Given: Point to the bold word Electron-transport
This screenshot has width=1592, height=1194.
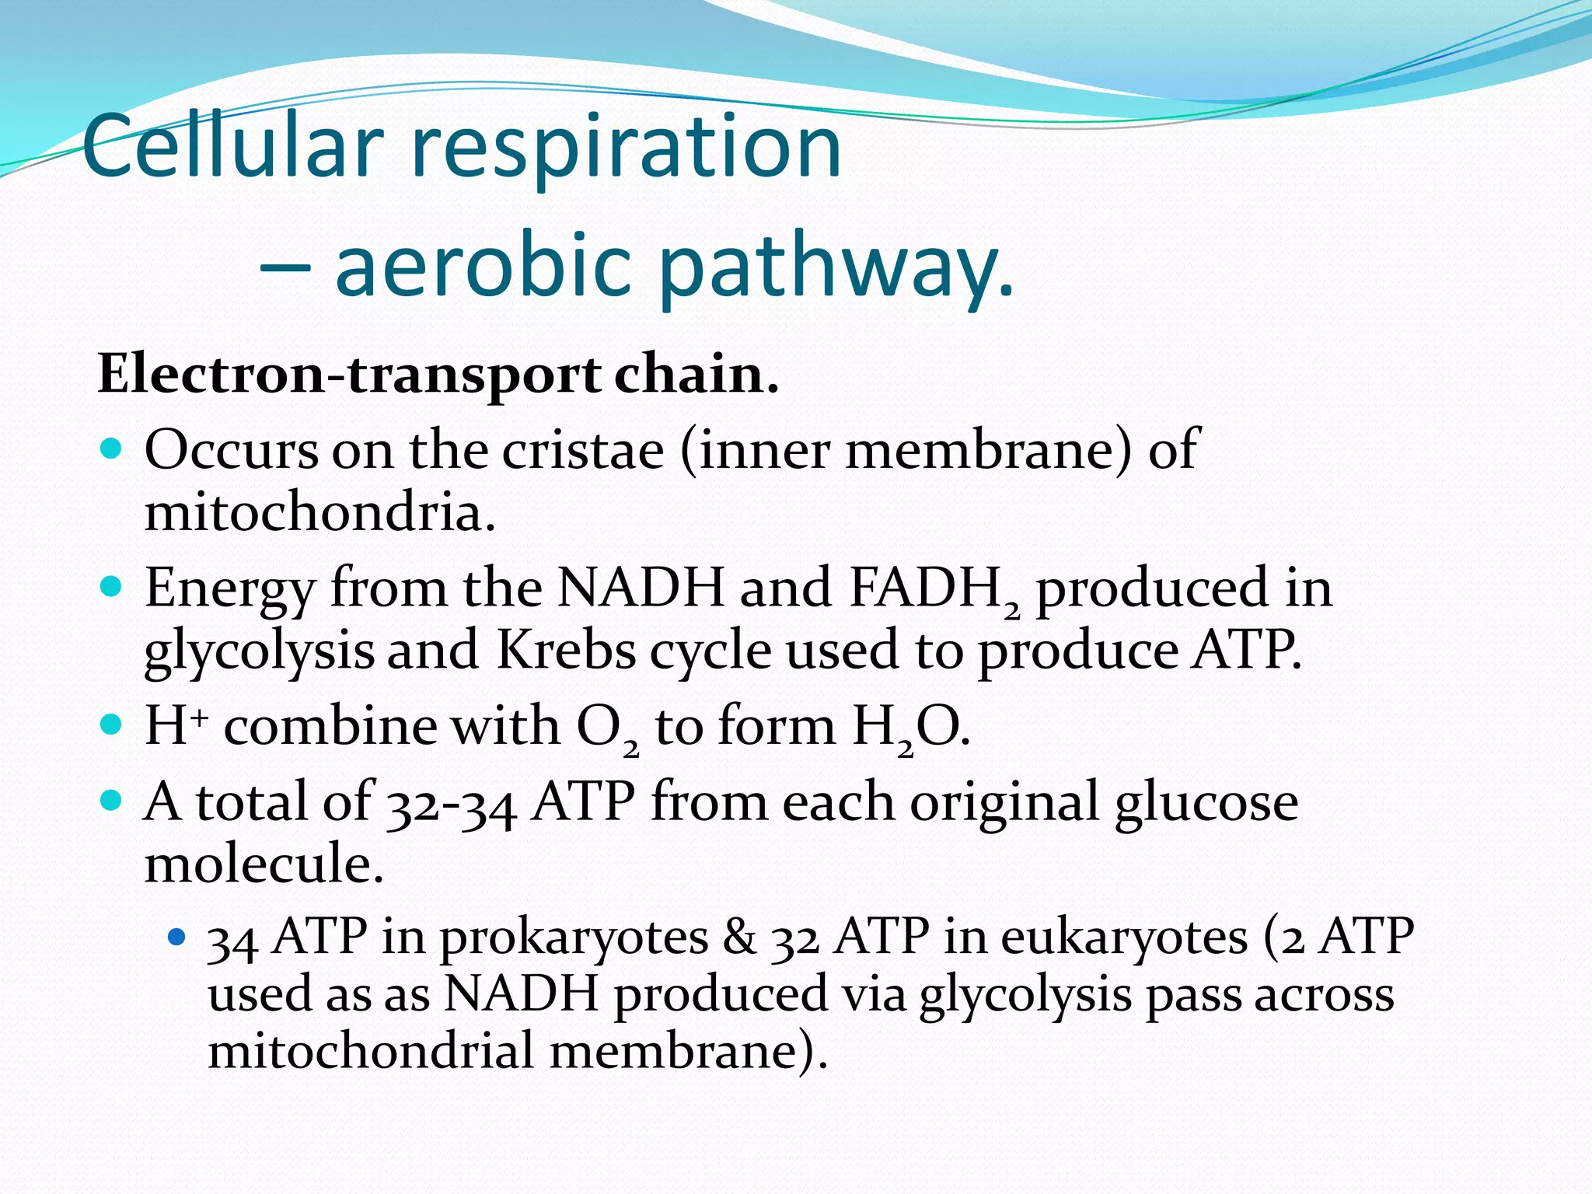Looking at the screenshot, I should coord(348,375).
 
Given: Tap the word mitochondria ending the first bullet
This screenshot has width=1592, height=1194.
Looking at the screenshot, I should coord(319,513).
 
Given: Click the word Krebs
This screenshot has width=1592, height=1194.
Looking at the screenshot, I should coord(566,650).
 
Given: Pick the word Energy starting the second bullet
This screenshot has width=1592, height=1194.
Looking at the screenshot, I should coord(229,589).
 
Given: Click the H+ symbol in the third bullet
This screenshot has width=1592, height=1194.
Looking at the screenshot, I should coord(176,726).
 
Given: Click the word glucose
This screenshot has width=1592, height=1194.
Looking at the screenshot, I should coord(1206,804).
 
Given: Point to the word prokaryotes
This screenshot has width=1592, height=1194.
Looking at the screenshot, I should coord(574,937).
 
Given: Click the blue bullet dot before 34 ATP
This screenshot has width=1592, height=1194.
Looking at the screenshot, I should coord(177,937).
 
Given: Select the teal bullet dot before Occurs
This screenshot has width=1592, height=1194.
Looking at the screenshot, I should coord(112,449).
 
